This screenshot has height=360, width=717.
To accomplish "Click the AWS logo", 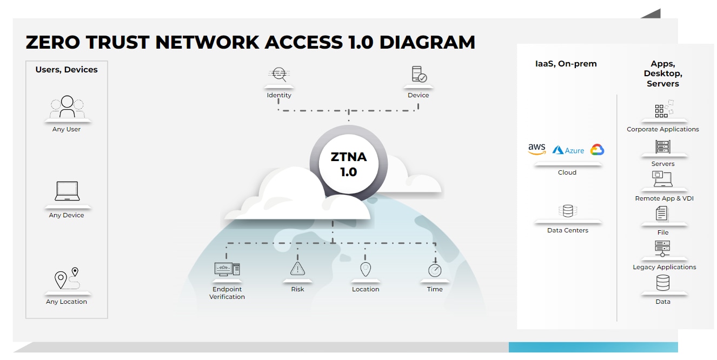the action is tap(537, 149).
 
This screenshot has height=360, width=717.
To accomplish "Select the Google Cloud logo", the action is tap(597, 149).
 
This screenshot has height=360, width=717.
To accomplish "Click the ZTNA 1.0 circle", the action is tap(349, 164).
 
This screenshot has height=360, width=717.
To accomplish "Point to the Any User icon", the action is tap(67, 106).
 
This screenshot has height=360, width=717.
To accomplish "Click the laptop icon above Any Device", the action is tap(67, 191).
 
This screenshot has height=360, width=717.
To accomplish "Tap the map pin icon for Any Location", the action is tap(67, 278).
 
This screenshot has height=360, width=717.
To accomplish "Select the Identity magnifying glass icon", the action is tap(279, 74).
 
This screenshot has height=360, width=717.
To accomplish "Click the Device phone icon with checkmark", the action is tap(419, 74).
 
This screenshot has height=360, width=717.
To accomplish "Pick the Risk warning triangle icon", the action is tap(297, 269).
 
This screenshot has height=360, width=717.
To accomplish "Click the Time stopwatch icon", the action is tap(435, 269).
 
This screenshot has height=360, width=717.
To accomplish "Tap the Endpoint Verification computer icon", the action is tap(227, 269).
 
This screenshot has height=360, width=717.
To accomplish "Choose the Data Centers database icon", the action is tap(568, 211).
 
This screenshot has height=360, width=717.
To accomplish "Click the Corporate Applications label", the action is tap(662, 129).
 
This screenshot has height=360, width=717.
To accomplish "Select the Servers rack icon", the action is tap(663, 146).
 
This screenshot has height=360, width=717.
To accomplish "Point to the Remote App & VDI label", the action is tap(664, 198).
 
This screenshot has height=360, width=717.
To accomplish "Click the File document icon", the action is tap(662, 214).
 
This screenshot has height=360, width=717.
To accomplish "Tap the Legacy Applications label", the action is tap(664, 267).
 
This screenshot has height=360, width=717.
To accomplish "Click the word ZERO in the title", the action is tap(53, 42).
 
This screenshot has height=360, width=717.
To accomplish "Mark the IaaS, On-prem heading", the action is tap(566, 64).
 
